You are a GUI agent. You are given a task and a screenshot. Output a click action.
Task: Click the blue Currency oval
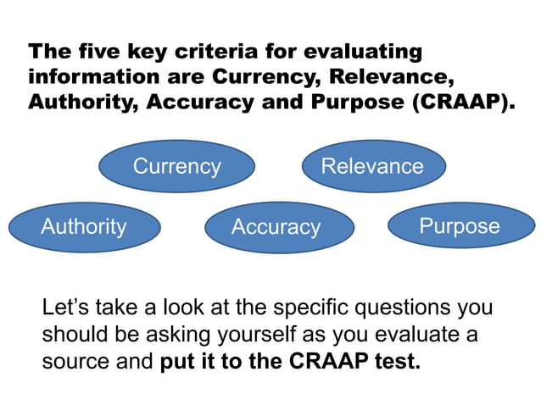[176, 166]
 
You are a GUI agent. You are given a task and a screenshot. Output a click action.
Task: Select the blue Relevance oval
[372, 165]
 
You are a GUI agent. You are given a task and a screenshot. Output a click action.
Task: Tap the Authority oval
[84, 226]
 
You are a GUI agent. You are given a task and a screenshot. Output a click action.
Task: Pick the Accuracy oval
[276, 227]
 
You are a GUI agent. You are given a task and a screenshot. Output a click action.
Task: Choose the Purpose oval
[460, 226]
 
